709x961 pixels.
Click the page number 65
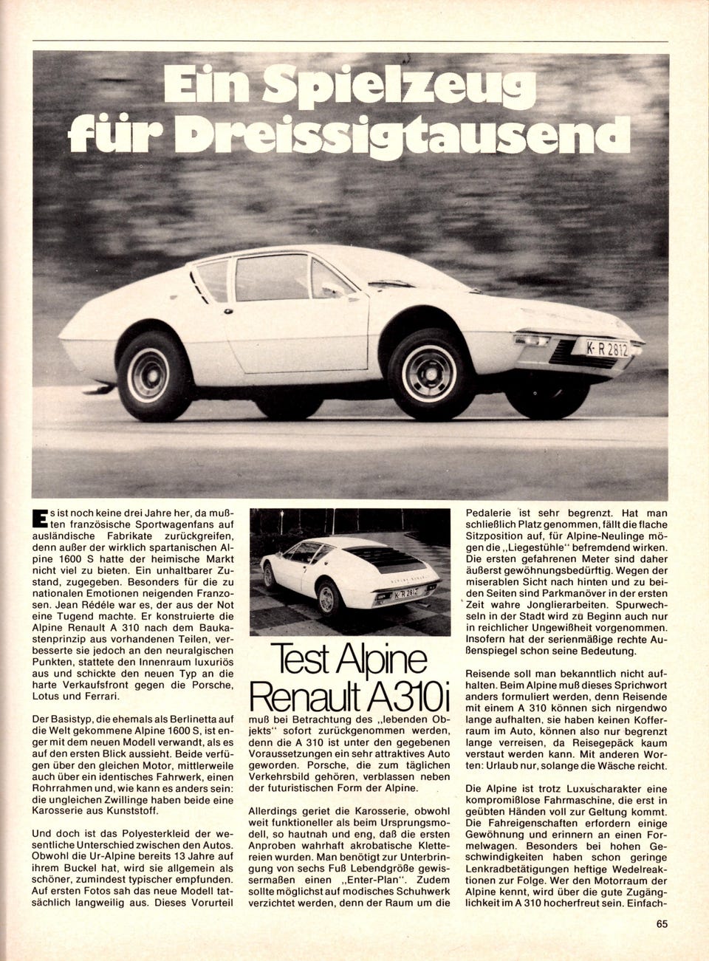(661, 943)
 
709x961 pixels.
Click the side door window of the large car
(273, 278)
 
